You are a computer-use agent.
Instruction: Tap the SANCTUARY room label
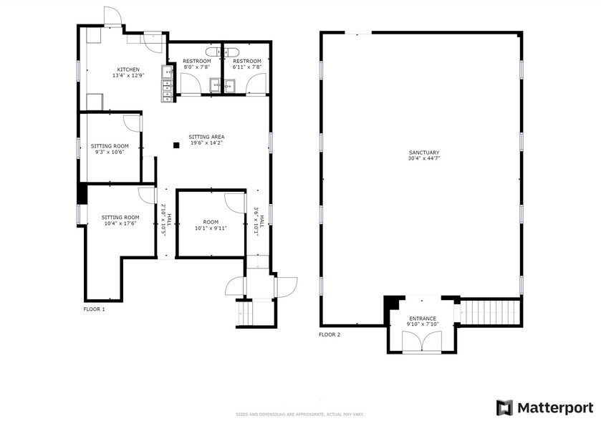tap(424, 153)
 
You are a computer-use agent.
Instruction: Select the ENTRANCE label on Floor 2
tap(423, 319)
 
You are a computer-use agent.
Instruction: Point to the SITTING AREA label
tap(206, 136)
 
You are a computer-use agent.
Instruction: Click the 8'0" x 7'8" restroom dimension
tap(196, 68)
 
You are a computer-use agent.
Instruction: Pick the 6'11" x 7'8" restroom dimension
tap(246, 68)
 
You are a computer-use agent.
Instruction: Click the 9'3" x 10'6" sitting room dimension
tap(110, 152)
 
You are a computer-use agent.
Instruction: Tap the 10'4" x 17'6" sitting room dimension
tap(119, 223)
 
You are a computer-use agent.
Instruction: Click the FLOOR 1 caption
tap(94, 309)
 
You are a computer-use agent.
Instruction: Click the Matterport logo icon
tap(505, 407)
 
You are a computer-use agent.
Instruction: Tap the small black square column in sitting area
tap(176, 145)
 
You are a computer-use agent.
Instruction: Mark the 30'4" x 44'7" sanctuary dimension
tap(424, 160)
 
